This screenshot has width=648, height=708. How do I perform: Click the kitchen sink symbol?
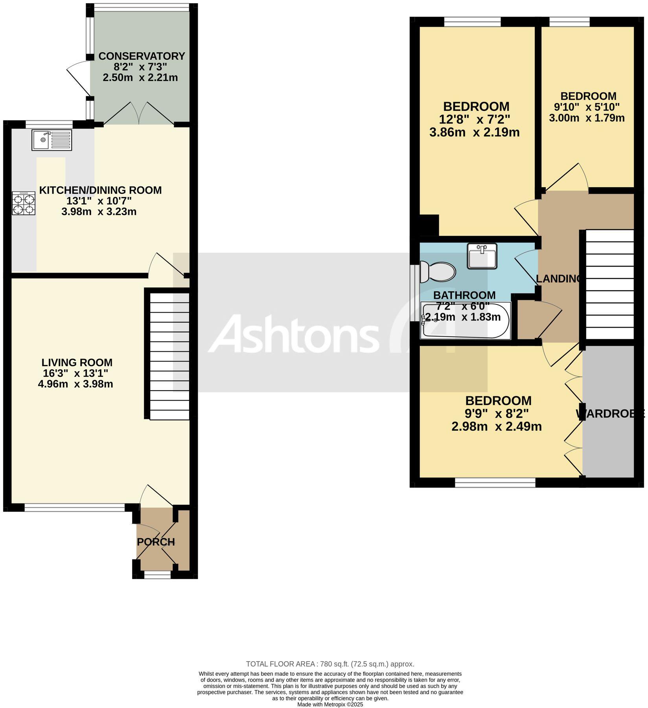[52, 140]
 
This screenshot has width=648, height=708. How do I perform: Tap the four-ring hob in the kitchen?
[24, 203]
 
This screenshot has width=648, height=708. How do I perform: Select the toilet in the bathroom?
[437, 272]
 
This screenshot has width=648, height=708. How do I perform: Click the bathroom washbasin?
[482, 256]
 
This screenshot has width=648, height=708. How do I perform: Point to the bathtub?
[466, 321]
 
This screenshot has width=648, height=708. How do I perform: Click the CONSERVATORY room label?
[142, 56]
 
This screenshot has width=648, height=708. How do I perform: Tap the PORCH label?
[156, 542]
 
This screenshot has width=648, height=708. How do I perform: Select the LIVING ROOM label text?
[77, 362]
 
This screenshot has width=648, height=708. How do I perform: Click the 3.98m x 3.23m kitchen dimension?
[99, 212]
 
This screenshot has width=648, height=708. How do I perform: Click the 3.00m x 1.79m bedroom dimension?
[587, 118]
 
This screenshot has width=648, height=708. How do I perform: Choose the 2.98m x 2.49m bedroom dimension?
[497, 426]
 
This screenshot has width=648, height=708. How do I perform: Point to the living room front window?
[75, 508]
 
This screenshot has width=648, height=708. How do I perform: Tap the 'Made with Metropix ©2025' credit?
[330, 704]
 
